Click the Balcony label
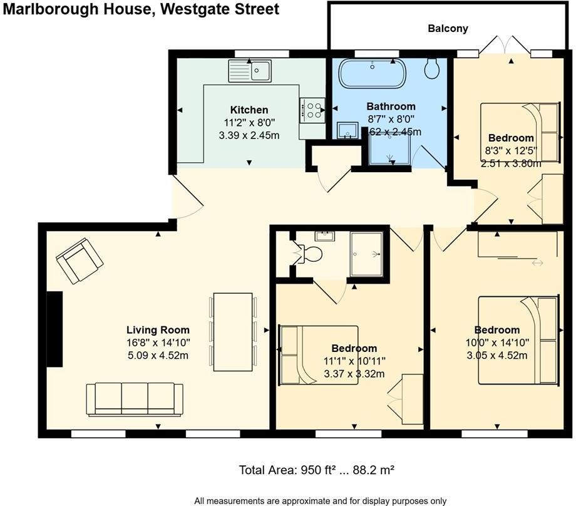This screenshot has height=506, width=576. [x=448, y=28]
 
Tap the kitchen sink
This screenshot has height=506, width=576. [x=250, y=71]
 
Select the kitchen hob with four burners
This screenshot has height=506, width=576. [x=312, y=110]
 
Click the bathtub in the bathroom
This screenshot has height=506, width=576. [x=372, y=74]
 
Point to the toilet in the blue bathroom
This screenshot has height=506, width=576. [x=432, y=68]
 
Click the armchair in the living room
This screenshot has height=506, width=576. [x=80, y=260]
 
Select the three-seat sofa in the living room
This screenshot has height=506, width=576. [x=135, y=399]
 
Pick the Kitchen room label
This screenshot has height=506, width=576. [x=249, y=110]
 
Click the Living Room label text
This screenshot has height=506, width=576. [x=158, y=330]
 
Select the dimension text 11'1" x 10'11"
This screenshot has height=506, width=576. [x=354, y=361]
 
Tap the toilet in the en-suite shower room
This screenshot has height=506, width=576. [x=310, y=254]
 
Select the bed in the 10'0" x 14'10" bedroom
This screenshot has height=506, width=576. [x=518, y=339]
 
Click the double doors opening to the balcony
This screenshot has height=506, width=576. [x=505, y=47]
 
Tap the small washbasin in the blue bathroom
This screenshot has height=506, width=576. [x=346, y=130]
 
